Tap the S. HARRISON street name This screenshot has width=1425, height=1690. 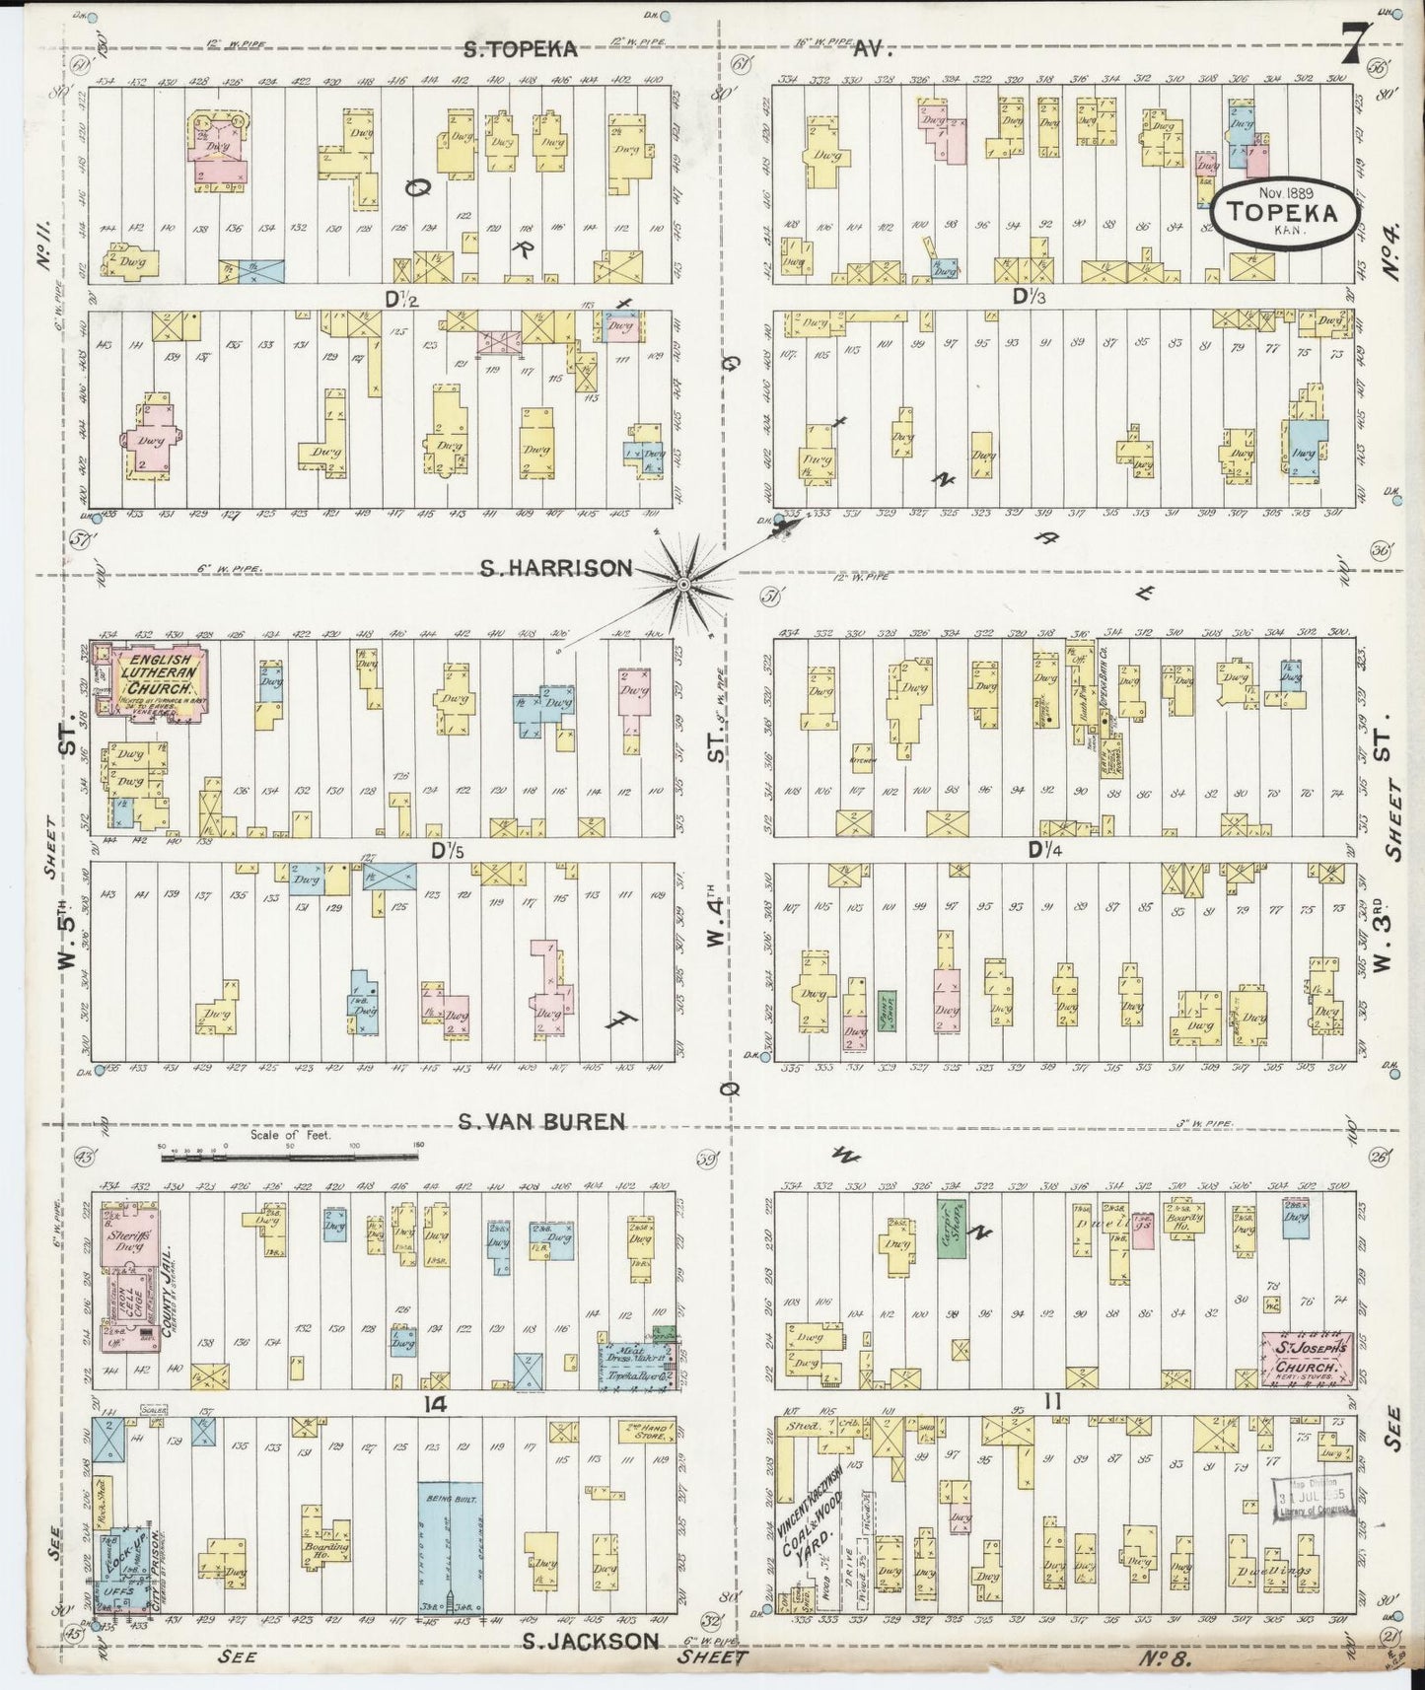[556, 568]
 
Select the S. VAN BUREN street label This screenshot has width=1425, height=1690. [541, 1121]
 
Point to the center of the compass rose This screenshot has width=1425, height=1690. [681, 585]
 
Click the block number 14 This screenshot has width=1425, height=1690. [435, 1404]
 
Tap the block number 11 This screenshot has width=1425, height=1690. [1052, 1402]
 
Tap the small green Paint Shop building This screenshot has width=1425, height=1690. [887, 1011]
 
